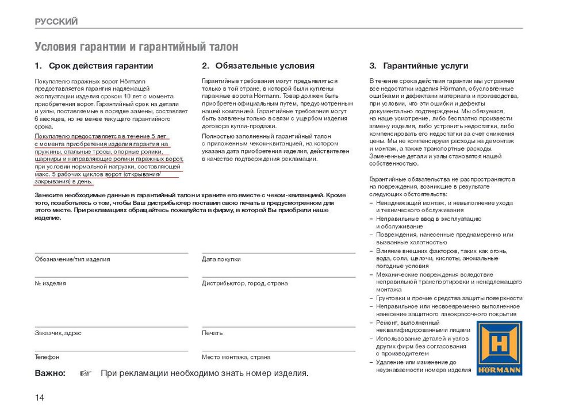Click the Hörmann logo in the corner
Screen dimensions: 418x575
click(x=499, y=348)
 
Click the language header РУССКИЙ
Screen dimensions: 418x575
click(x=56, y=22)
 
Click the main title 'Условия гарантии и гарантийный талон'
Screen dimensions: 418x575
click(x=136, y=47)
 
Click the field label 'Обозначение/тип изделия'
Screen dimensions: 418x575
click(x=72, y=259)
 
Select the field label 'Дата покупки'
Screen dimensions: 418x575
click(x=221, y=259)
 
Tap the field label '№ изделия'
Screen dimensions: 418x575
click(x=51, y=283)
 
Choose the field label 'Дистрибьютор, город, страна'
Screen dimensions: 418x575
click(x=245, y=283)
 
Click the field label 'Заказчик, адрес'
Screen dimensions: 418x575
click(x=58, y=333)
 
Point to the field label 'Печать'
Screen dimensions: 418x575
click(x=212, y=333)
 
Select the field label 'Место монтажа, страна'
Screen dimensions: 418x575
click(x=236, y=357)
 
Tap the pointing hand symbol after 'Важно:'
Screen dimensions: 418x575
click(x=86, y=373)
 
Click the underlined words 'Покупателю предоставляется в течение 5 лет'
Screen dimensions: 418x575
click(x=101, y=136)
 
